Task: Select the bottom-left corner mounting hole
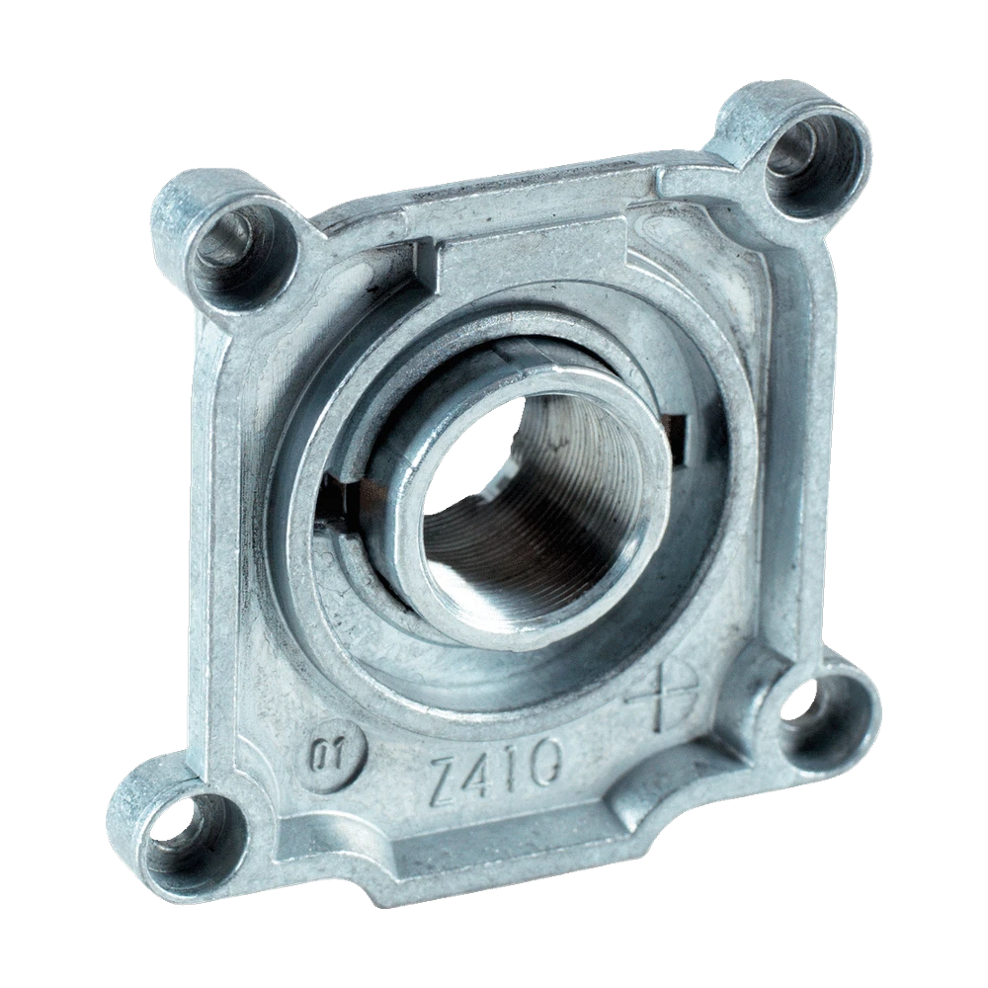point(189,831)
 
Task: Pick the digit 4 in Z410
point(486,773)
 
